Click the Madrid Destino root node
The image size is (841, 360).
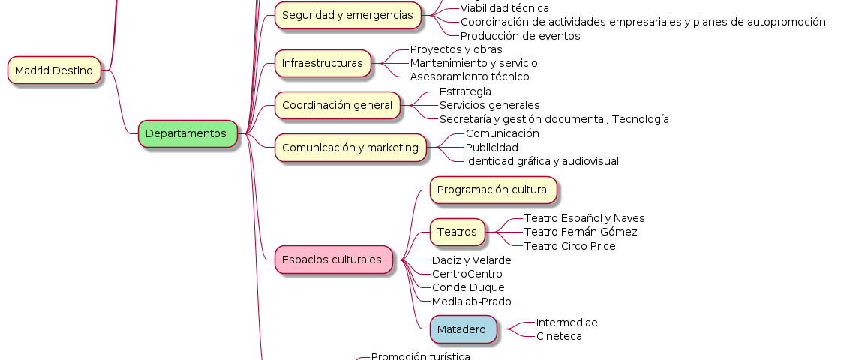pos(54,70)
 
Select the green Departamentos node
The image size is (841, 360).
pos(185,133)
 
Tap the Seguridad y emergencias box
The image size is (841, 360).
pos(347,15)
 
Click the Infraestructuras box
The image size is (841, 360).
pos(323,63)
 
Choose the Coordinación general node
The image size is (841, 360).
pos(337,105)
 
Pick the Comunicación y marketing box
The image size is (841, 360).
pos(350,148)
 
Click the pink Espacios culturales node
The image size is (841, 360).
pos(332,259)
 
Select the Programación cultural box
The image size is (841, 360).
pos(493,190)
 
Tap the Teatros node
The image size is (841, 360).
pos(457,232)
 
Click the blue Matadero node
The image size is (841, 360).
pos(461,328)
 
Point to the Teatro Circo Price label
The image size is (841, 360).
pos(569,246)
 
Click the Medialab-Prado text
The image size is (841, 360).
pos(471,301)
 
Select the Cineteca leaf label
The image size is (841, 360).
pos(558,336)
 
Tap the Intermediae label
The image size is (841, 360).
pos(566,322)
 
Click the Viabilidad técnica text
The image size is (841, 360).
pos(504,8)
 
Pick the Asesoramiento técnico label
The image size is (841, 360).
pos(469,76)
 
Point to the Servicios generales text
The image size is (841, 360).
pos(489,105)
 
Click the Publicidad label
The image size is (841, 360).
pos(491,148)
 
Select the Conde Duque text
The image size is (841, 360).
pos(468,287)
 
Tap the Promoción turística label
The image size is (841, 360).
pos(420,356)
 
